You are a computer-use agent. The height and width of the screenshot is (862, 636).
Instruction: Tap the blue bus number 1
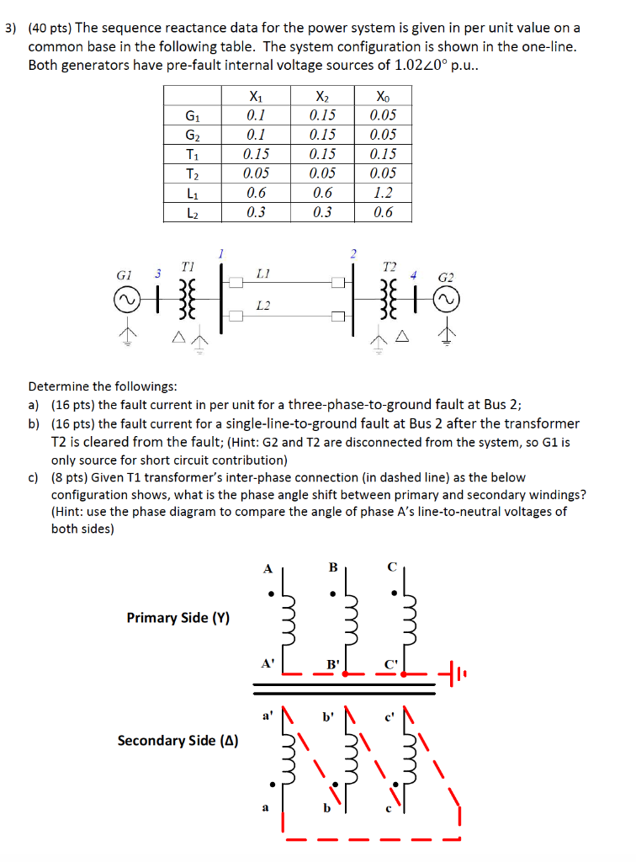(x=220, y=253)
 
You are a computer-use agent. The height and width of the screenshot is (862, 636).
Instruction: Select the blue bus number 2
(x=353, y=253)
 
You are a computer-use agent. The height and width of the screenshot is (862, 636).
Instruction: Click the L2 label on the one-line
(x=262, y=305)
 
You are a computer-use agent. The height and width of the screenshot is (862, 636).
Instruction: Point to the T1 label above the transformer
(x=186, y=265)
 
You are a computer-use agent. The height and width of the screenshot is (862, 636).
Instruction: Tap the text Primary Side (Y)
(x=178, y=618)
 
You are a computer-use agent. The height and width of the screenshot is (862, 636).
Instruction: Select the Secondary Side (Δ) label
(x=178, y=741)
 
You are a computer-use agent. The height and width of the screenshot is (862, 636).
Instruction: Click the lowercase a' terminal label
(x=267, y=716)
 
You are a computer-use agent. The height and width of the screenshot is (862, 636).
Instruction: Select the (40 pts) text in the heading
(x=50, y=28)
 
